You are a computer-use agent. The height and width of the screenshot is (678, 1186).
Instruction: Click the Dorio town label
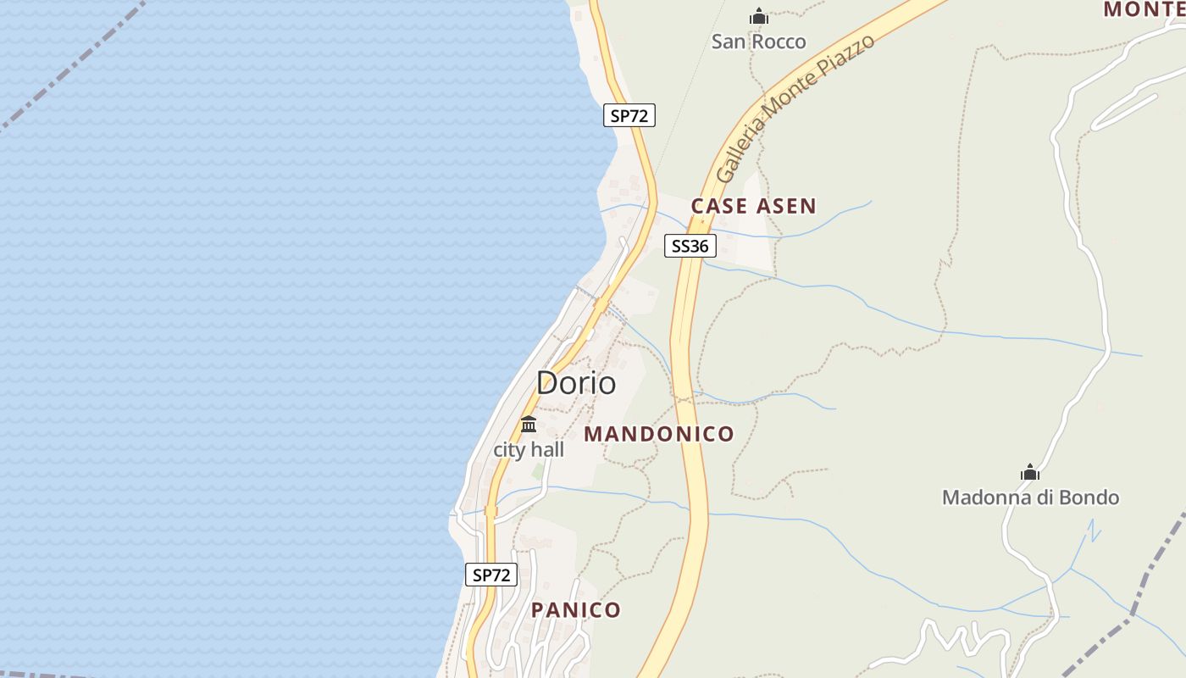(576, 383)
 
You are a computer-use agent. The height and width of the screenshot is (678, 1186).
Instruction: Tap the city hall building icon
(529, 424)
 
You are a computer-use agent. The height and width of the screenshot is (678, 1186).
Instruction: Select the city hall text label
(529, 450)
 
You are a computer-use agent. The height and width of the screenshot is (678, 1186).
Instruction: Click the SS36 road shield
(690, 246)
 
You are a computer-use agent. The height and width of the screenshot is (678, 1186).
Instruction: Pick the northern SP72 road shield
(629, 116)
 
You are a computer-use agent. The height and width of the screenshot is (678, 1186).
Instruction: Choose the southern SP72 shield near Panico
(491, 575)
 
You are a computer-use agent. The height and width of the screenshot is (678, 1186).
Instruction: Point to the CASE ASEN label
(753, 206)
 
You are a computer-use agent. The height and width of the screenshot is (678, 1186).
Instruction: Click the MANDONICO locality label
(659, 434)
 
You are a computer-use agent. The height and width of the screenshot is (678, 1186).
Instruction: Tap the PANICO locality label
(576, 610)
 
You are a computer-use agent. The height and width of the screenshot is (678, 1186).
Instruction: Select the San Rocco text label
(758, 42)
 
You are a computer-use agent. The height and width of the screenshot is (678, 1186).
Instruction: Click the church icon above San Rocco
(758, 16)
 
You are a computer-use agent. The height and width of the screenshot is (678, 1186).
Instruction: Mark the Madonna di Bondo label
(1030, 497)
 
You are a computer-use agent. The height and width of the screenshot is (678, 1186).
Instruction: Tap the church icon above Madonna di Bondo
(1030, 472)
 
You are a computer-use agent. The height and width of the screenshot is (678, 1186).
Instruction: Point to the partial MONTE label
(1144, 9)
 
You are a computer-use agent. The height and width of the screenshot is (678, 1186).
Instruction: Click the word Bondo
(1087, 497)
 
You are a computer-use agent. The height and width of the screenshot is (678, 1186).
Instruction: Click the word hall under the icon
(547, 450)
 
